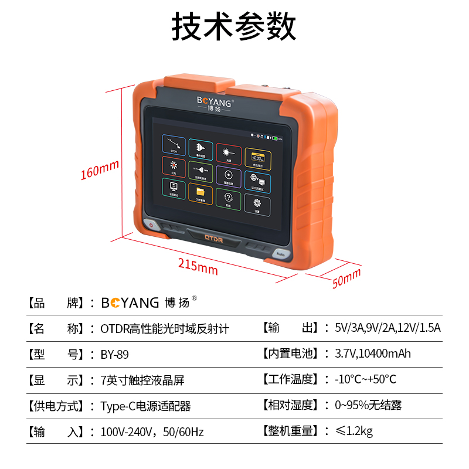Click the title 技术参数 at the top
pos(235,26)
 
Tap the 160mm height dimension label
pos(100,171)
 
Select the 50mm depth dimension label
pos(346,279)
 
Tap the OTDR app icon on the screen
pos(174,147)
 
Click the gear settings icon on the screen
pos(257,204)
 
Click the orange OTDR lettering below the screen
pos(215,238)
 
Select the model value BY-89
pos(115,355)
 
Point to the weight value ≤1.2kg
pos(354,432)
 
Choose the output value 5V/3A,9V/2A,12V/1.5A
pos(388,328)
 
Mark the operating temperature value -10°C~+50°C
pos(365,379)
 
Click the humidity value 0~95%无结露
pos(368,406)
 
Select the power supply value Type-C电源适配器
pos(146,406)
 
